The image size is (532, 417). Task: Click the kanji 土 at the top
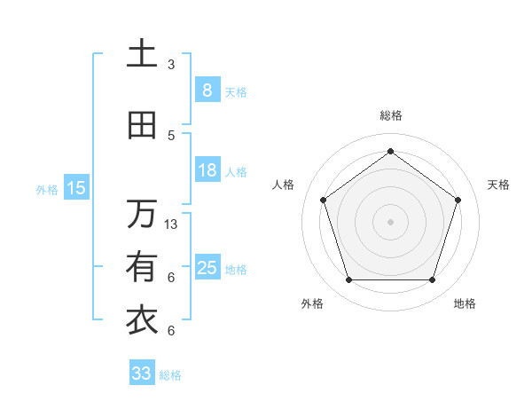(x=142, y=54)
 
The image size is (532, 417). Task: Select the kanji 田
(x=142, y=126)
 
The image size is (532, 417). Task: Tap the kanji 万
(x=142, y=214)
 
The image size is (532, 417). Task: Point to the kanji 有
(x=142, y=267)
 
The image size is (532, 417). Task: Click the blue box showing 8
(x=207, y=90)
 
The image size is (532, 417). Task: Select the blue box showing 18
(x=207, y=170)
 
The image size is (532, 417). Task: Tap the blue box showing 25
(x=207, y=268)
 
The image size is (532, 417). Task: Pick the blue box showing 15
(x=75, y=188)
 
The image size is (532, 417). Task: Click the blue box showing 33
(x=142, y=374)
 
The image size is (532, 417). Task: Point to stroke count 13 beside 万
(x=171, y=224)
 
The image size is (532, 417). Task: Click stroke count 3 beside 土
(x=171, y=65)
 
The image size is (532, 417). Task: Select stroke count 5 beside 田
(x=171, y=136)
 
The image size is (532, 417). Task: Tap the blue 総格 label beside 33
(x=170, y=375)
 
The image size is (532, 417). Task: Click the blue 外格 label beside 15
(x=47, y=189)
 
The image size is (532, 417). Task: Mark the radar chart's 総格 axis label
(x=390, y=115)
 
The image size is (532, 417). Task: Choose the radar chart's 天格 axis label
(x=498, y=185)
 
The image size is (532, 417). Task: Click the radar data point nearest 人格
(x=323, y=200)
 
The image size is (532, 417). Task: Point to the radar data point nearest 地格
(x=432, y=280)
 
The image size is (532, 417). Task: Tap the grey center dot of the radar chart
(x=390, y=222)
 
